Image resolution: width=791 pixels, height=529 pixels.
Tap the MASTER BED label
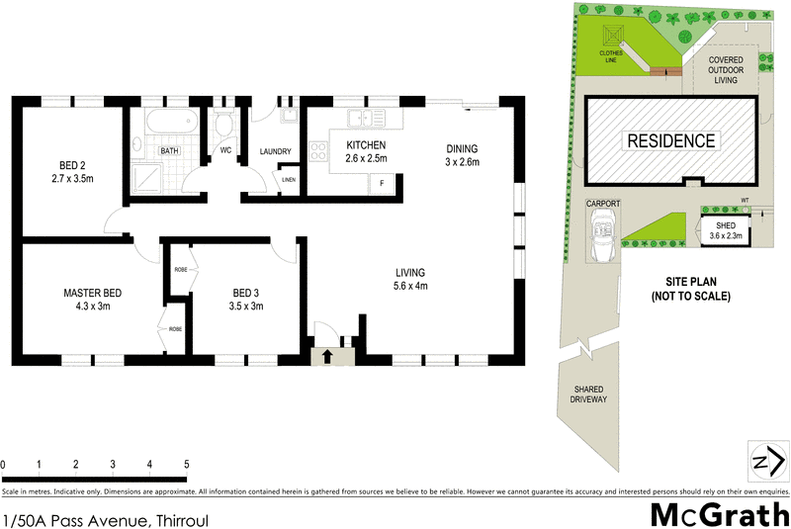tap(92, 300)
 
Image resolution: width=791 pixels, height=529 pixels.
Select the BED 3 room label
tap(248, 300)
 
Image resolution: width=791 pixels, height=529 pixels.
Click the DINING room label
tap(461, 155)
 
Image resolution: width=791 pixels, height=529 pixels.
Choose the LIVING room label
tap(409, 279)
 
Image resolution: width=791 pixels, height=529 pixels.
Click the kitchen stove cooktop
tap(319, 152)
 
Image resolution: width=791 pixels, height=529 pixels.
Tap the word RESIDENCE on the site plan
tap(672, 140)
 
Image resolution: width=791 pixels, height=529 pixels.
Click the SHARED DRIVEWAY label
tap(588, 395)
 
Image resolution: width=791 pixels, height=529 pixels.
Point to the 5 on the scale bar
tap(186, 463)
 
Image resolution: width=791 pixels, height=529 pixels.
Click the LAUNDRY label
tap(275, 151)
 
